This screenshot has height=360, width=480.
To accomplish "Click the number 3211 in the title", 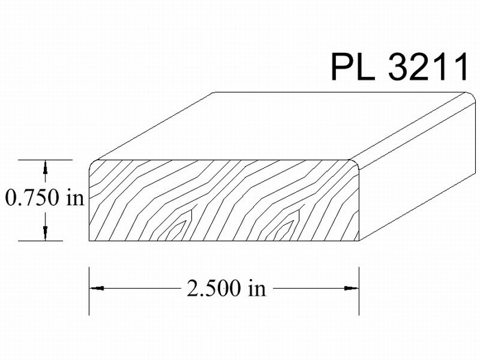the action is point(429,67).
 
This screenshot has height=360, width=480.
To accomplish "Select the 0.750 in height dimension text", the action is point(45,197).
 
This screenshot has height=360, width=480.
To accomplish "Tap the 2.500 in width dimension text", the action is point(226,289).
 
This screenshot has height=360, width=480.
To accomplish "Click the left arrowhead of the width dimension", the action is point(97,288).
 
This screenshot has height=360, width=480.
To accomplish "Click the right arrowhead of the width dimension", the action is point(351,288).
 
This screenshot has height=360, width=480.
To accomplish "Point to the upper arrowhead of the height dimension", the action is point(45,167).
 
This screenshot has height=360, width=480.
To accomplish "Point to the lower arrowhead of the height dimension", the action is point(45,234).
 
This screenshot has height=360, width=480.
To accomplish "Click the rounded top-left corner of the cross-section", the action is point(92,163).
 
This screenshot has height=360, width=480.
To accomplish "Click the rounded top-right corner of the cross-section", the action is point(356,163).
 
